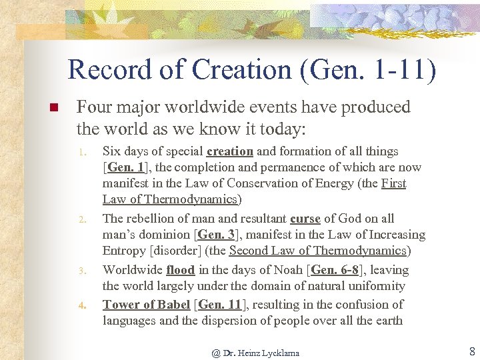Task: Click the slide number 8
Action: coord(472,351)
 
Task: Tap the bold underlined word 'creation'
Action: coord(230,151)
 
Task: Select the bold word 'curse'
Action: coord(305,219)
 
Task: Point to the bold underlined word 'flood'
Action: coord(181,270)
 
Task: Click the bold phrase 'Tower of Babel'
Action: coord(146,305)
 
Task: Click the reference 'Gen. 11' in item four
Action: coord(219,305)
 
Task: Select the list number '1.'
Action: coord(81,153)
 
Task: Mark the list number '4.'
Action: coord(81,306)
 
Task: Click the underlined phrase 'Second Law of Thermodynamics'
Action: coord(317,251)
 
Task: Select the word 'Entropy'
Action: coord(125,251)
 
